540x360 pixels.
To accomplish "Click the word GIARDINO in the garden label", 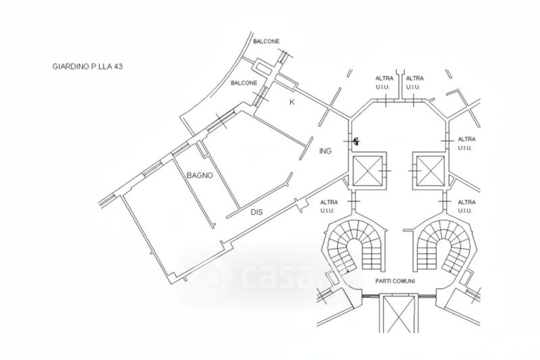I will pos(71,67).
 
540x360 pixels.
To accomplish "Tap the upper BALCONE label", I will pos(266,42).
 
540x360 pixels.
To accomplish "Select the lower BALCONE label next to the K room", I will pos(244,83).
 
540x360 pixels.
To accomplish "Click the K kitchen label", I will pos(292,102).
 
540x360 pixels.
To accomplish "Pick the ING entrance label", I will pos(325,152).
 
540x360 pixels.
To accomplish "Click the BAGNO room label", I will pos(200,175).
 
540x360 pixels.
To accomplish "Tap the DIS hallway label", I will pos(256,212).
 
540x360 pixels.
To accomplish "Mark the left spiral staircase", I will pos(356,247).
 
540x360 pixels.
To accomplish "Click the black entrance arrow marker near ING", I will pos(355,141).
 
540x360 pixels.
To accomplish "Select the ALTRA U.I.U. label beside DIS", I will pos(329,206).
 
